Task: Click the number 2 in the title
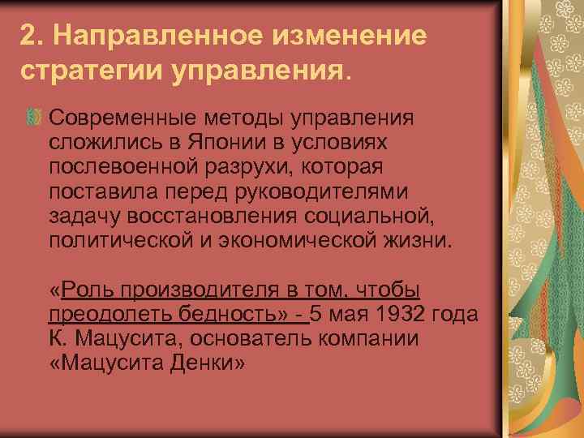click(28, 37)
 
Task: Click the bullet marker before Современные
click(34, 119)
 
